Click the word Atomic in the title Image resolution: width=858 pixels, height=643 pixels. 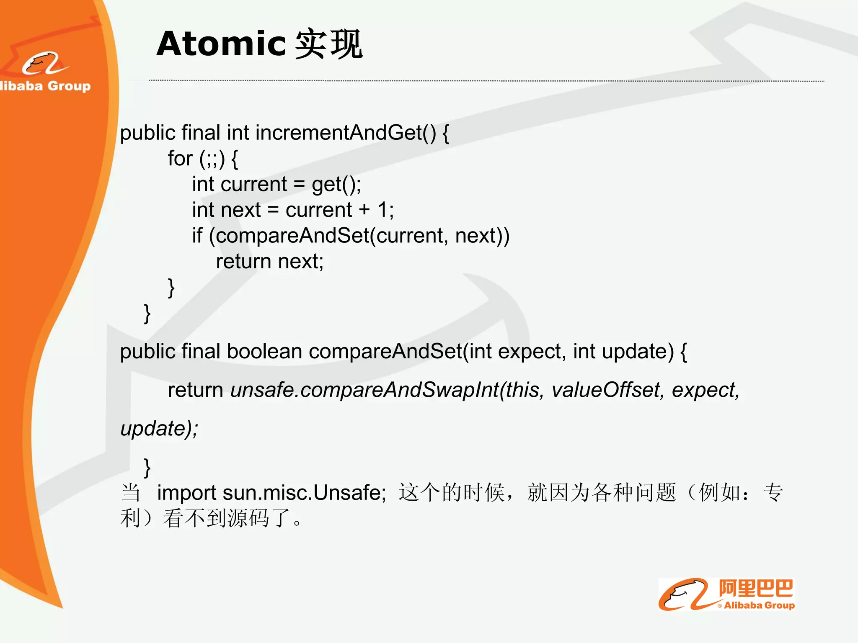pos(221,44)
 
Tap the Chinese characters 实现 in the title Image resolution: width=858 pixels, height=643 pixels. pos(328,44)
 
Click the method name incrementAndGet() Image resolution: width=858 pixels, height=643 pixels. pos(346,133)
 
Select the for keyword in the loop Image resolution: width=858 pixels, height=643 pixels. pos(180,159)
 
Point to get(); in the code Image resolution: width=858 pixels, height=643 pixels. pos(336,184)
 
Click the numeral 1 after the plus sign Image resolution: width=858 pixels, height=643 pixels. pos(382,210)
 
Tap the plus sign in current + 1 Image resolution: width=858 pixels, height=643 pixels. pos(364,210)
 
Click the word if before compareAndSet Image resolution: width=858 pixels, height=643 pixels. pos(197,236)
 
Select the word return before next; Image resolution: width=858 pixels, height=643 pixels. pos(243,262)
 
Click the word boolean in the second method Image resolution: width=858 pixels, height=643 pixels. pos(264,351)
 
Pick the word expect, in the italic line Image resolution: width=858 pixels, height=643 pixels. pos(706,390)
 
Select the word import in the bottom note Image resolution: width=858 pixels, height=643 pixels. pos(186,493)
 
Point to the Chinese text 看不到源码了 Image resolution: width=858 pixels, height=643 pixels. pos(226,519)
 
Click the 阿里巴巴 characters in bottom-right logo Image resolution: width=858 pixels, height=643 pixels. pos(756,588)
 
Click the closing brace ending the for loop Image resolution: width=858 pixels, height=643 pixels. pos(171,288)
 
